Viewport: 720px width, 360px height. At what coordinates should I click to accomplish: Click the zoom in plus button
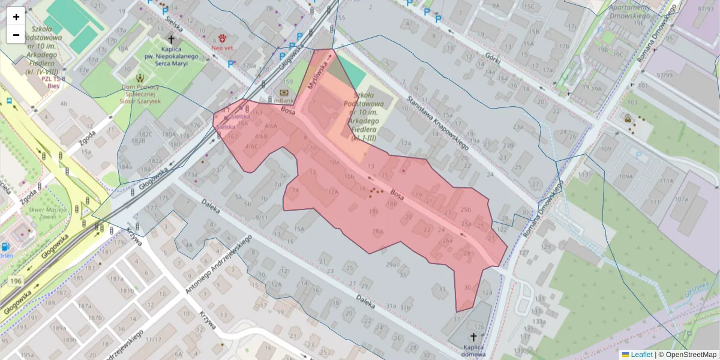(16, 17)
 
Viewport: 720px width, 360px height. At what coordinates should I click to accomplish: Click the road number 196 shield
(16, 281)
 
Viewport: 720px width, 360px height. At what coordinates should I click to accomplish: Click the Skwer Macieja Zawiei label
(43, 214)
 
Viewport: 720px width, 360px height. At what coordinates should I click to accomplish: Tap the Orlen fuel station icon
(5, 246)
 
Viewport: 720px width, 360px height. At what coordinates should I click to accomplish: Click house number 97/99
(664, 75)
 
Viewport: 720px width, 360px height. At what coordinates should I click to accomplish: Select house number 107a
(681, 199)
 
